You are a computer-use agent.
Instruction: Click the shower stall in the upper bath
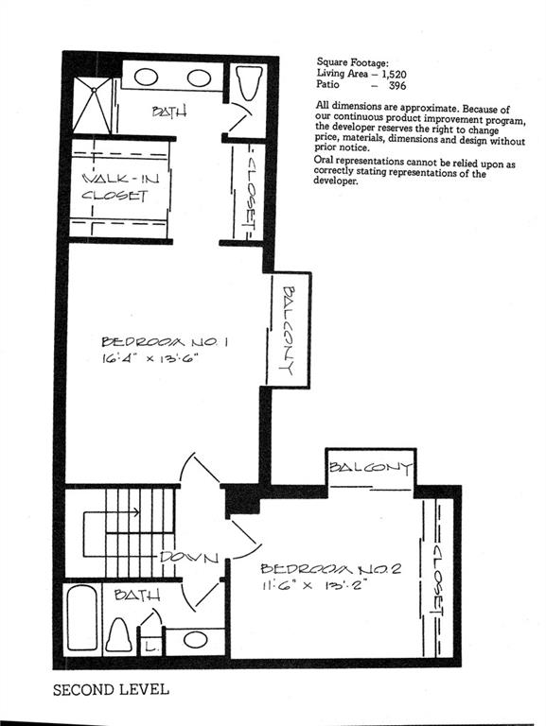click(x=93, y=106)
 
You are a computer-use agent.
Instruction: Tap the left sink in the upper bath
click(x=146, y=77)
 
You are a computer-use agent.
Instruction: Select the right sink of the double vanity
click(x=200, y=78)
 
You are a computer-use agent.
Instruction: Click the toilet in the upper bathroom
click(x=249, y=83)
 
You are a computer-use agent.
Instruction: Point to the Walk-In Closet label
click(x=120, y=187)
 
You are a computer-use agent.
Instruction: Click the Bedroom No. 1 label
click(x=164, y=342)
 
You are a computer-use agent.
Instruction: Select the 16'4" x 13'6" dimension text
click(x=150, y=358)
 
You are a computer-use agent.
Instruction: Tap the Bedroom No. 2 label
click(x=330, y=568)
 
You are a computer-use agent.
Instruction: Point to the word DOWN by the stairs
click(x=189, y=557)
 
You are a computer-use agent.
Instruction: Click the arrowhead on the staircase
click(x=136, y=512)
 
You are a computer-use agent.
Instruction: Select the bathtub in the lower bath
click(x=82, y=618)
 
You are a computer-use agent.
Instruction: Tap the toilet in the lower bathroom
click(x=118, y=635)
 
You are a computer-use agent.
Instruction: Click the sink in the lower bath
click(x=195, y=640)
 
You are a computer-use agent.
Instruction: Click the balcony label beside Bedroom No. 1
click(x=289, y=330)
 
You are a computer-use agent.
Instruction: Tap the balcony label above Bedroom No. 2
click(x=370, y=468)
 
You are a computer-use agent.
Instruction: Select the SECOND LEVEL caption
click(x=111, y=690)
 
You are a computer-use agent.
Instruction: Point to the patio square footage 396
click(x=397, y=85)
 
